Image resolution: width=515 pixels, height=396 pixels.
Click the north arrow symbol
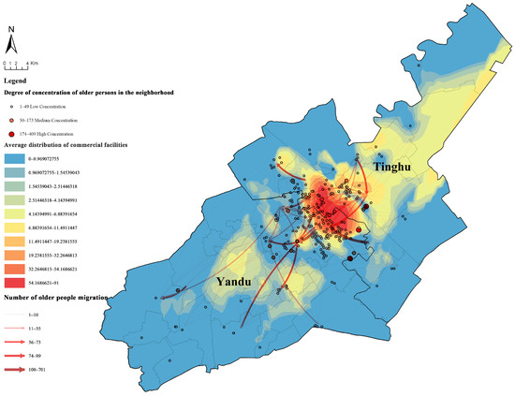tap(10, 42)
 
